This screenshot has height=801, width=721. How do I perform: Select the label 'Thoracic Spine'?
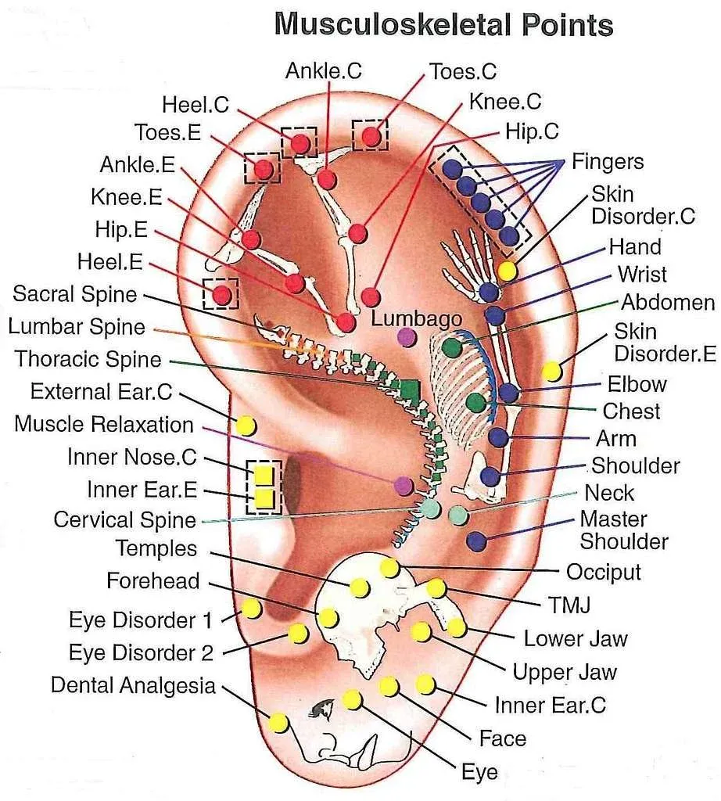(88, 360)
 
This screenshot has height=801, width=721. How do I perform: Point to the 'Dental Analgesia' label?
(133, 685)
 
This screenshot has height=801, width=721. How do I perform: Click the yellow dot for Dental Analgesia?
(278, 722)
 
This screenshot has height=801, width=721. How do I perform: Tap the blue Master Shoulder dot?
(475, 540)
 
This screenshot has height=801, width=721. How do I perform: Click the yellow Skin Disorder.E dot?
(551, 370)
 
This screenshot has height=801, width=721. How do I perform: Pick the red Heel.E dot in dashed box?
(222, 294)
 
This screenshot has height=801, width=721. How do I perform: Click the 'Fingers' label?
(608, 162)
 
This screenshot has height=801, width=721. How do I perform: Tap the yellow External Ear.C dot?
(246, 426)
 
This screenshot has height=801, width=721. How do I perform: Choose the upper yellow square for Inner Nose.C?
(264, 474)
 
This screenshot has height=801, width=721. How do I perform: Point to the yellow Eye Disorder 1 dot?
(251, 608)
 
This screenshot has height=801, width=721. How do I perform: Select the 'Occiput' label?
(603, 572)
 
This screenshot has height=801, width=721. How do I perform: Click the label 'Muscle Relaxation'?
(104, 425)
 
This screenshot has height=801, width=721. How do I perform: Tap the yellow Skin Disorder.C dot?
(507, 271)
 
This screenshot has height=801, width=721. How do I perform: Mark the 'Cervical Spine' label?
(124, 520)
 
